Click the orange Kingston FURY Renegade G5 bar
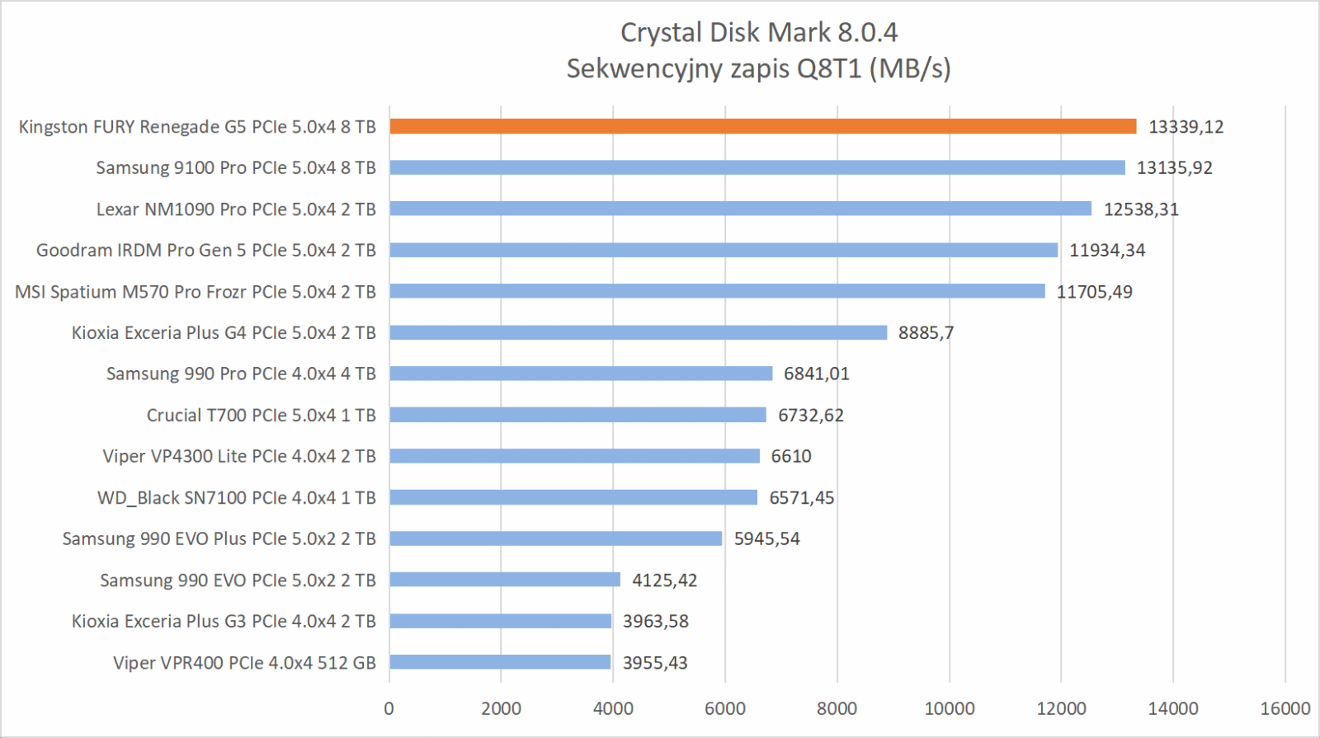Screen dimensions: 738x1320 coord(762,126)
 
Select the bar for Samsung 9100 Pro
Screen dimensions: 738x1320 coord(757,167)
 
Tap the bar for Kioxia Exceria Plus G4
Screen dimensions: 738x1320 coord(638,332)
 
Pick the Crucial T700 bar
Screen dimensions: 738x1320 coord(577,415)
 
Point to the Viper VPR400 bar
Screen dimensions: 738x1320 coord(500,662)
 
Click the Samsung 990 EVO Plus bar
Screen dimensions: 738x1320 coord(555,538)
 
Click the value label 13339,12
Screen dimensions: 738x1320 coord(1186,127)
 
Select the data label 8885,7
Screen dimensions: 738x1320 coord(926,333)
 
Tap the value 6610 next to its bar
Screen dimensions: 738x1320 coord(791,457)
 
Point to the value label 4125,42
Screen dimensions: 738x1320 coord(664,581)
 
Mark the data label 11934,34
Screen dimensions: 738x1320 coord(1107,251)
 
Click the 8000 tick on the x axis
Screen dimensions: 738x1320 coord(837,708)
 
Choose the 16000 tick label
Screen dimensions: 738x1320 coord(1285,708)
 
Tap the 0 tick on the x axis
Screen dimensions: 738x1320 coord(389,708)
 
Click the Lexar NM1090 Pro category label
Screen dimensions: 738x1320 coord(236,209)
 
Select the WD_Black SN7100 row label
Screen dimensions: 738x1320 coord(237,498)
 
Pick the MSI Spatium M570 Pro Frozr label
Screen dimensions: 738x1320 coord(196,292)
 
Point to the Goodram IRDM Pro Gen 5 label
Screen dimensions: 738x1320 coord(206,251)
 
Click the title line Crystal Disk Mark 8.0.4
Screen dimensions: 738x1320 coord(758,32)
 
